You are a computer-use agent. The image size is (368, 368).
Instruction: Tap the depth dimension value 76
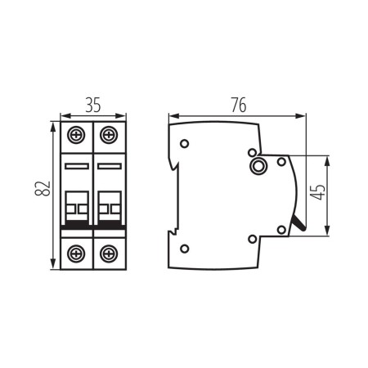pos(237,105)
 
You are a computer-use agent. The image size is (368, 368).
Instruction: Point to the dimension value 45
pos(318,192)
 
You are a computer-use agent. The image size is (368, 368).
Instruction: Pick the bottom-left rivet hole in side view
pos(185,249)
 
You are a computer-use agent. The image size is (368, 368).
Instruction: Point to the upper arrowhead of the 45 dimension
pos(326,158)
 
